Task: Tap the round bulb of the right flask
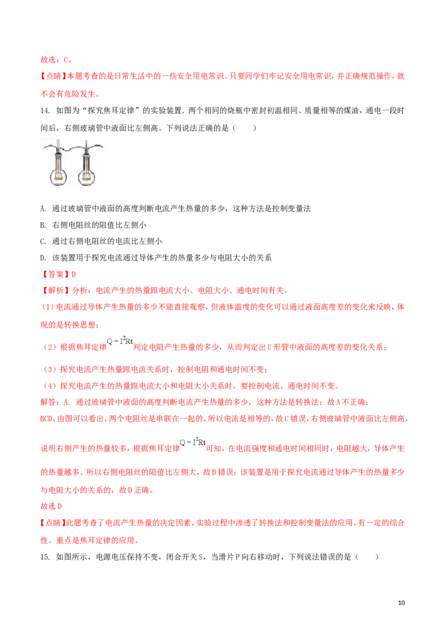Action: pos(87,175)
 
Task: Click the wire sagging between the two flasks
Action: pos(72,149)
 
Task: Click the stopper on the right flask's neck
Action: pos(87,155)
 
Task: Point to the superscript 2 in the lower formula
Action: pos(197,439)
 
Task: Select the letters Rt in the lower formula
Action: pos(202,442)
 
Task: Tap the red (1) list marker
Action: pos(47,307)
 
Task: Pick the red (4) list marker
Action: pos(47,385)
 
